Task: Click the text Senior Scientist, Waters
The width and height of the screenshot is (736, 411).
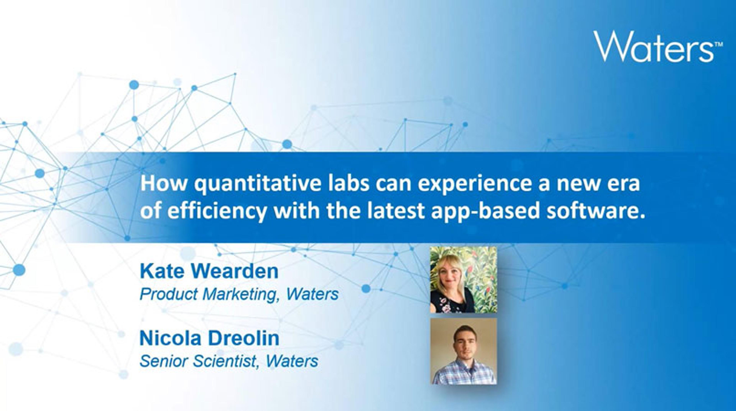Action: (x=229, y=361)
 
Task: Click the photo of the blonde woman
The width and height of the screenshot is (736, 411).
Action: (x=464, y=280)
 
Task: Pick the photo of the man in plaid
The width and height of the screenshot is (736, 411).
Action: (x=464, y=351)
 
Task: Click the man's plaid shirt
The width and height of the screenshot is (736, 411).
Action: (x=464, y=373)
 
